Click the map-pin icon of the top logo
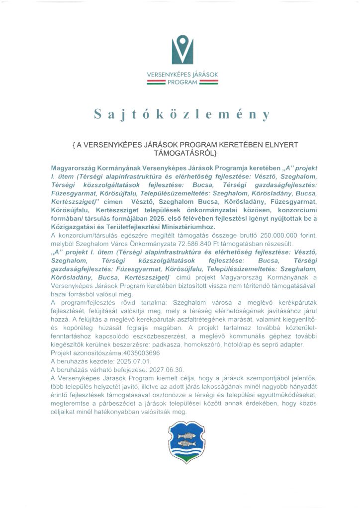pyautogui.click(x=180, y=51)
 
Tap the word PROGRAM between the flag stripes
pyautogui.click(x=180, y=83)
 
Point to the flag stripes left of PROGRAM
pyautogui.click(x=155, y=83)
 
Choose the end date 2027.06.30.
pyautogui.click(x=155, y=369)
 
